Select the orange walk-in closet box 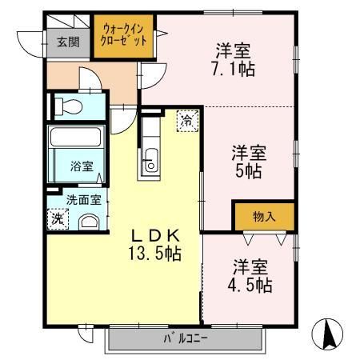[x=124, y=37]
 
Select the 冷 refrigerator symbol [x=185, y=122]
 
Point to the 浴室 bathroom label [x=81, y=166]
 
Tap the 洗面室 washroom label [x=78, y=200]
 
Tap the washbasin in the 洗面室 [x=88, y=223]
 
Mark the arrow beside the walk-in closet [x=160, y=34]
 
